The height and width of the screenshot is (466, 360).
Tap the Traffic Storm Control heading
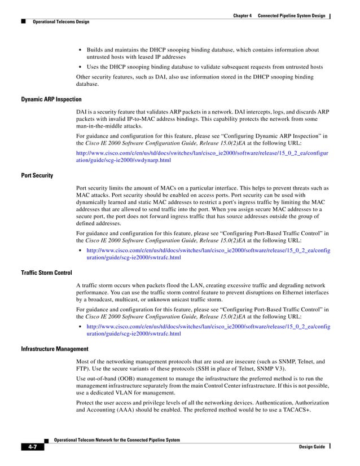[46, 272]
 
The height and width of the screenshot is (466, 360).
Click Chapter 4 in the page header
[243, 15]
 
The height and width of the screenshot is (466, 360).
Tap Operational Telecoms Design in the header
[61, 22]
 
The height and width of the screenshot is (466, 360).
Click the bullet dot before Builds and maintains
[81, 50]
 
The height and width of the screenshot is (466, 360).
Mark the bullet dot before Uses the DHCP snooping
[81, 67]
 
